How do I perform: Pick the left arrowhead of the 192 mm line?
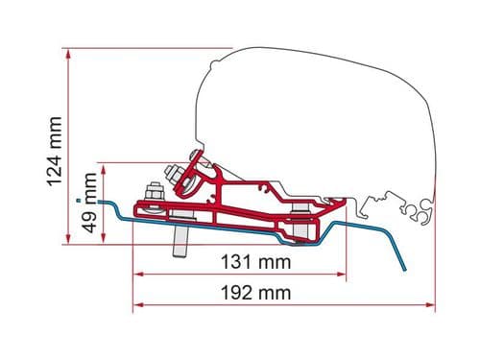coord(135,305)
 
